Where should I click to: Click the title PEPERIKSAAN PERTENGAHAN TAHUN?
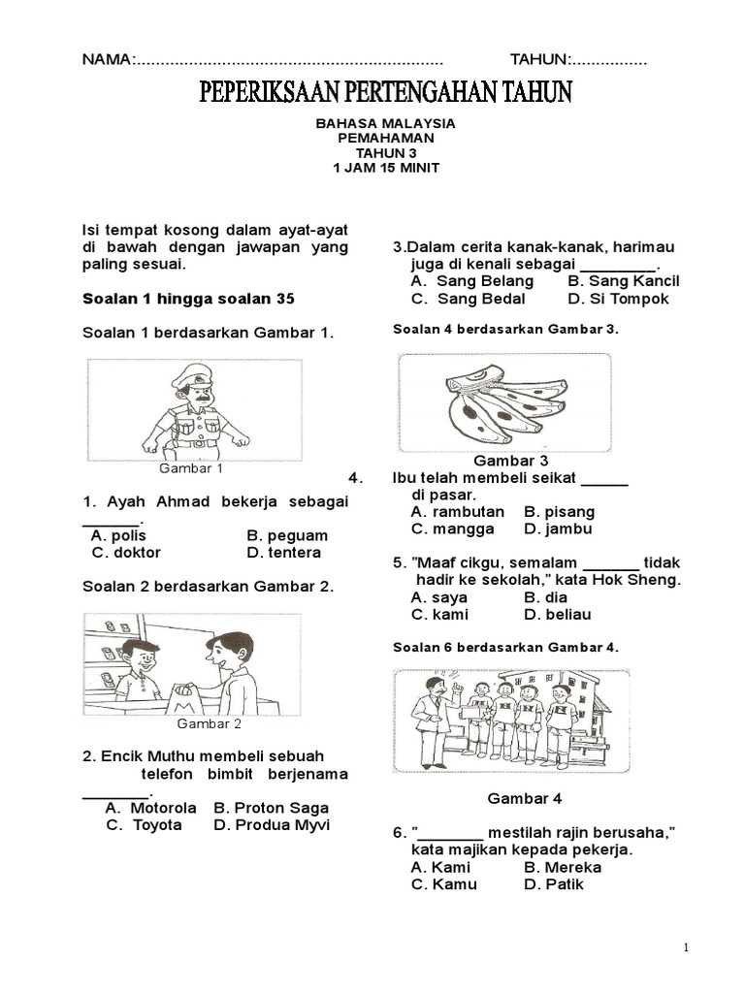(386, 93)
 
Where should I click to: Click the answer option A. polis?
(117, 535)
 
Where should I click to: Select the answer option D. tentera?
(283, 553)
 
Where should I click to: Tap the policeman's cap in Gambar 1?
(192, 375)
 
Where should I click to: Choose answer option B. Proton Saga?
(271, 808)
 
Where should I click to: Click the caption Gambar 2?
(209, 723)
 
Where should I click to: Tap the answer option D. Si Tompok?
(618, 299)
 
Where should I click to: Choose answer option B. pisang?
(559, 511)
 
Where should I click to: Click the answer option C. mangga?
(452, 529)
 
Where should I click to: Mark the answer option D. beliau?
(557, 614)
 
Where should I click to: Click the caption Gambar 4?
(524, 799)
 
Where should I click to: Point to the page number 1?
(685, 948)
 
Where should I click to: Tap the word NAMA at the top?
(106, 60)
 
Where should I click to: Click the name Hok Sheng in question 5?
(647, 580)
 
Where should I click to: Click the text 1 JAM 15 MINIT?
(386, 168)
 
